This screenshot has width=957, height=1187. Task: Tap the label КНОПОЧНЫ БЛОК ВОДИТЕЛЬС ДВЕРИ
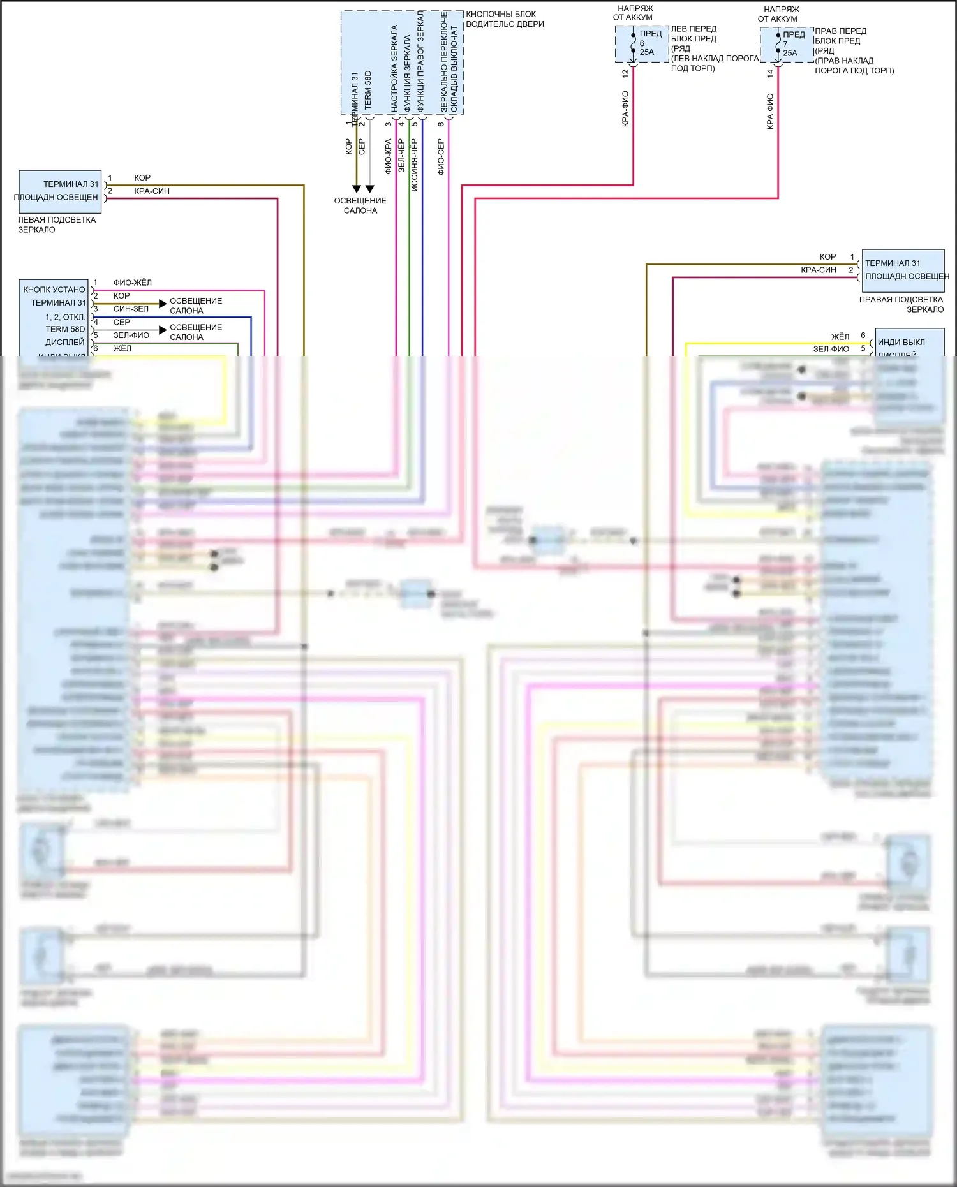coord(505,19)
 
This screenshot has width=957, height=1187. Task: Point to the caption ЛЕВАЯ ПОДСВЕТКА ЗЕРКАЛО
coord(56,225)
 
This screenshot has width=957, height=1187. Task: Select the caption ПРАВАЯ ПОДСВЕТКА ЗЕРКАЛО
coord(901,304)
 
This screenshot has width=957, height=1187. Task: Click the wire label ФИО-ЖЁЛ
coord(133,283)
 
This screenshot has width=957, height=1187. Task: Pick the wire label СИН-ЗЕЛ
coord(131,309)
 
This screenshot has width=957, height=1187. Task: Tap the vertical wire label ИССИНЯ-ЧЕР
coord(414,165)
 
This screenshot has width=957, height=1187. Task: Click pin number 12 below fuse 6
coord(625,73)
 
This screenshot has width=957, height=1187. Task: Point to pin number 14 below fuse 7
coord(770,73)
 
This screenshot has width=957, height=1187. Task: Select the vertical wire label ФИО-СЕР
coord(441,157)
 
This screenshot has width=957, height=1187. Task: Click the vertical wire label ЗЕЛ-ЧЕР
coord(401,156)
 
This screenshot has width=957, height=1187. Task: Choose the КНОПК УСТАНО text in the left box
coord(54,290)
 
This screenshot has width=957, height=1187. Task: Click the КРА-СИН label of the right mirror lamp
coord(819,270)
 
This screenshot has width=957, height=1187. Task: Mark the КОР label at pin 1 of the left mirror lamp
coord(142,178)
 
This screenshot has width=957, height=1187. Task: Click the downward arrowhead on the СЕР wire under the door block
coord(370,189)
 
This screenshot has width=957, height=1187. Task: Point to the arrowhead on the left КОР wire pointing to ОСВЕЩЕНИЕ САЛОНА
coord(163,304)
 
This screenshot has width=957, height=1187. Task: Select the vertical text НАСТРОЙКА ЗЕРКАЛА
coord(394,69)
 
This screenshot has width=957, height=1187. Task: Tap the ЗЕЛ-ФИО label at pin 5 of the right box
coord(831,349)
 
